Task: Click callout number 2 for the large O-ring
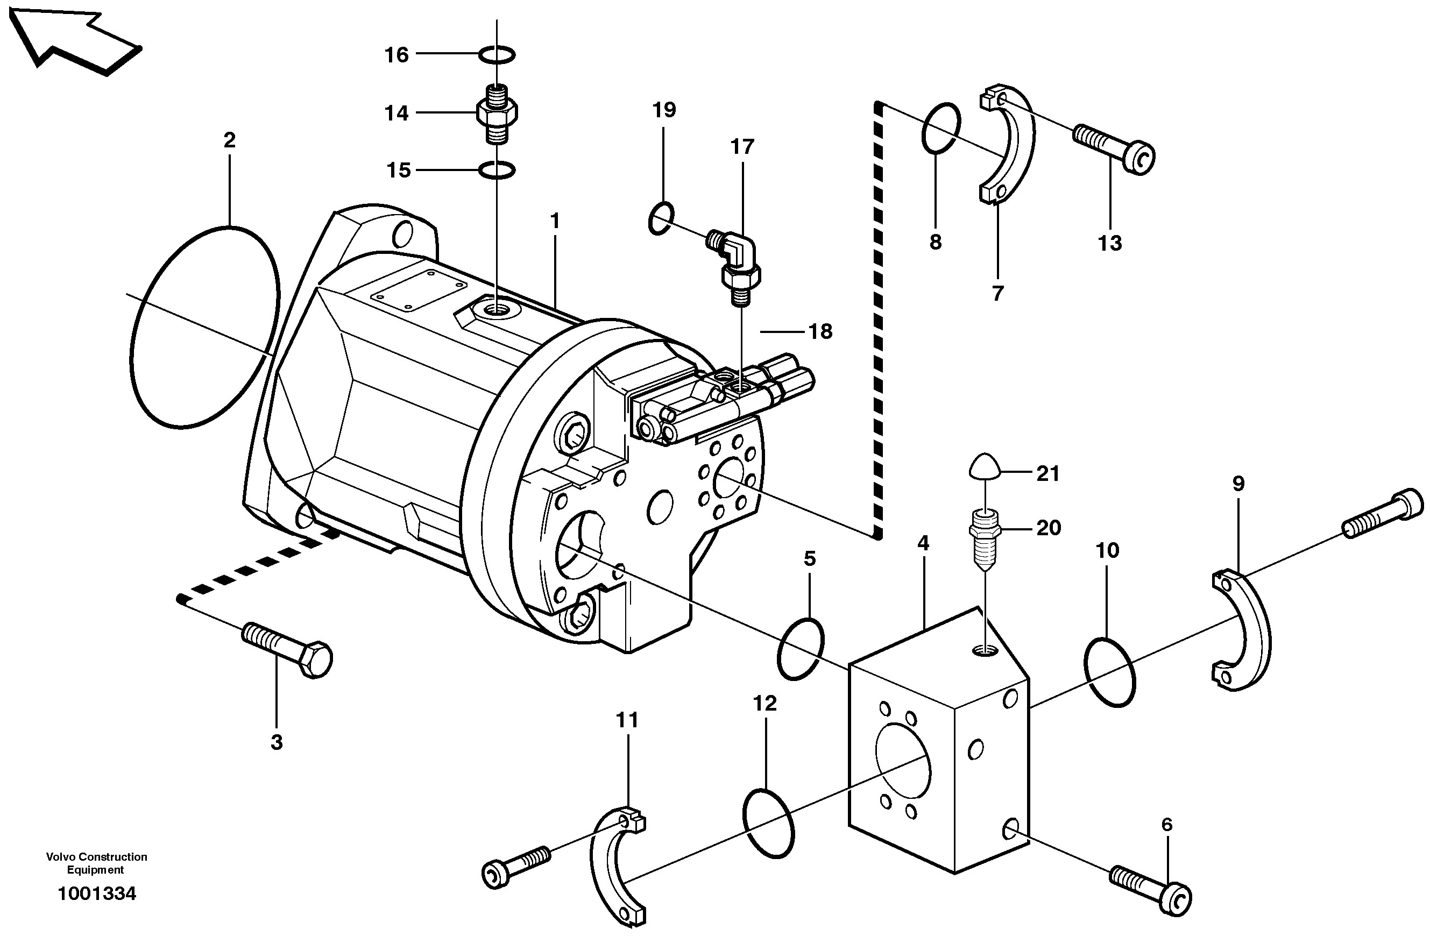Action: coord(229,140)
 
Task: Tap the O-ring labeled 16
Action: coord(497,55)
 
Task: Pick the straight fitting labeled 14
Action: coord(497,113)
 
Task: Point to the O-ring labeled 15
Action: coord(497,171)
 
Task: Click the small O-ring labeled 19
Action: coord(662,219)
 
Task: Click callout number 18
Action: coord(821,331)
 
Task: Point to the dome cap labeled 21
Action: coord(986,466)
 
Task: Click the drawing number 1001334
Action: coord(97,894)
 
